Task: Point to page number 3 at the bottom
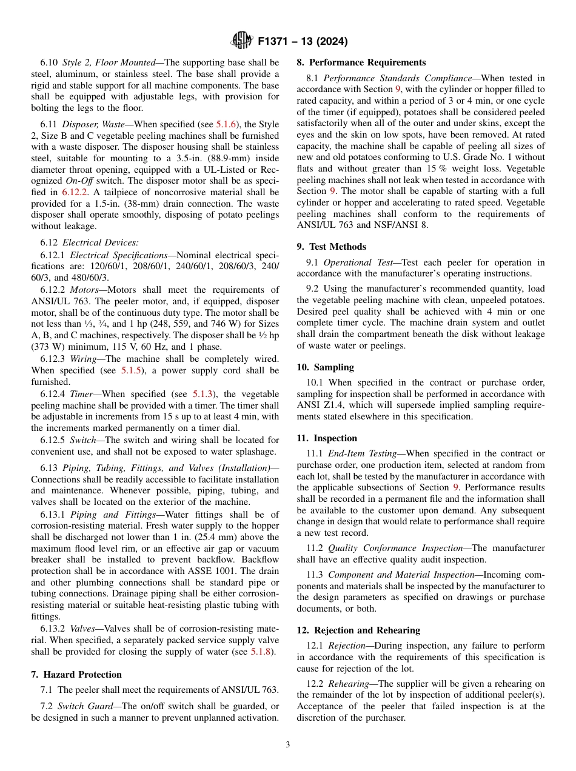coord(288,745)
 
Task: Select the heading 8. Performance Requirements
coord(361,62)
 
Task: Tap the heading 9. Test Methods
coord(331,247)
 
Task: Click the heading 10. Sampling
coord(325,367)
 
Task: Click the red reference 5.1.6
coord(226,124)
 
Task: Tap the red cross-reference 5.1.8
coord(262,652)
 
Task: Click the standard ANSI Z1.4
coord(318,406)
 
